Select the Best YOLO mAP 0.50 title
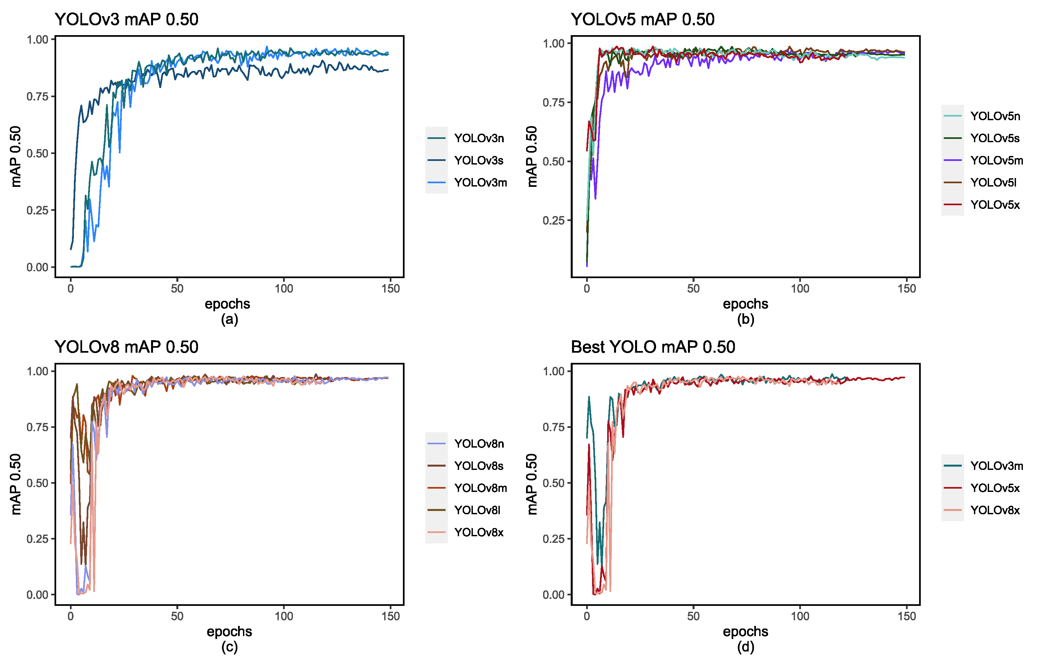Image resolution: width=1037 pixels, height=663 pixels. pos(652,347)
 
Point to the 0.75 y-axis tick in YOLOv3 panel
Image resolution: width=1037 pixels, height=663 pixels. pos(37,97)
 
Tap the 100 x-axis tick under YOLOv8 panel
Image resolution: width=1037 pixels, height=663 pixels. pos(284,616)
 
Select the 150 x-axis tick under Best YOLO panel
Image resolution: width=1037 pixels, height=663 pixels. pos(907,616)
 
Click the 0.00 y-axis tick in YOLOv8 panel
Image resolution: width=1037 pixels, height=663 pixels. pos(37,595)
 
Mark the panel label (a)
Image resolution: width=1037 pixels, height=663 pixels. pos(229,320)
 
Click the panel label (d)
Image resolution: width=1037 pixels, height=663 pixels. pos(745,647)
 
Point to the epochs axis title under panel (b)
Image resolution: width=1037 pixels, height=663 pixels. pos(745,304)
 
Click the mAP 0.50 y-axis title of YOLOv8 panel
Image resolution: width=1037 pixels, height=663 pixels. pos(15,484)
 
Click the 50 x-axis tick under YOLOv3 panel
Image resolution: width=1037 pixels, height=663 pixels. pos(177,288)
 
